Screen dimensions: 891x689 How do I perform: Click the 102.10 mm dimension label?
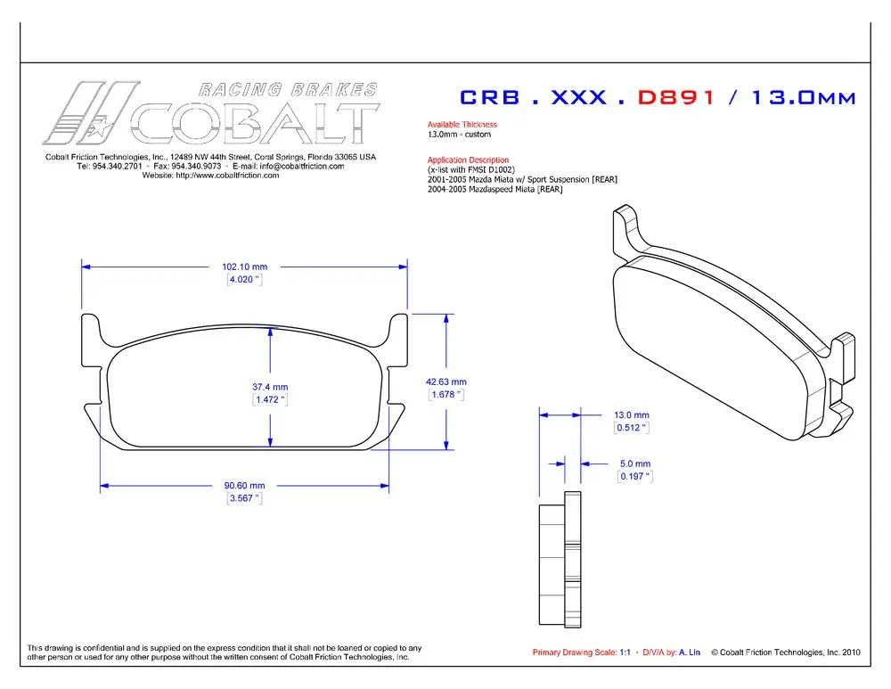(244, 267)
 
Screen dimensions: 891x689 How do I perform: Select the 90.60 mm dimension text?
(244, 486)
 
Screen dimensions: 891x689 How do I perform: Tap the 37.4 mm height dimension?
(270, 387)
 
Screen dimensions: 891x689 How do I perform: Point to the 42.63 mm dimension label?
(446, 382)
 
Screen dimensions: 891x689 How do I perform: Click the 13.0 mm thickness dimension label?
(632, 415)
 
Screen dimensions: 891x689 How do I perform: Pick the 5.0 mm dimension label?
(635, 463)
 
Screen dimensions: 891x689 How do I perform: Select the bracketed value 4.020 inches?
(244, 280)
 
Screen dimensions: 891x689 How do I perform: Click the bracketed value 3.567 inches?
(244, 498)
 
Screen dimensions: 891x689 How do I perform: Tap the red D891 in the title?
(675, 97)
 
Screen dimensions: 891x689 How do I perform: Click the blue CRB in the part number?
(489, 97)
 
